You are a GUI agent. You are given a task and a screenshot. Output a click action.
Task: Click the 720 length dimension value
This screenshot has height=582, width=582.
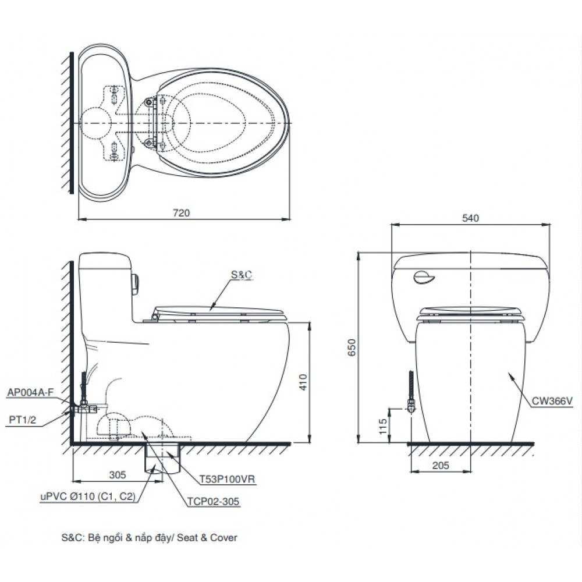pyautogui.click(x=182, y=213)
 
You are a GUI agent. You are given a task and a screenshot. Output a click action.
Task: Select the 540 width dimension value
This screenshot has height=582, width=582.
pyautogui.click(x=470, y=218)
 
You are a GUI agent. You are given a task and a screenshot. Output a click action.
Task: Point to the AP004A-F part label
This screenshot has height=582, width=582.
pyautogui.click(x=30, y=392)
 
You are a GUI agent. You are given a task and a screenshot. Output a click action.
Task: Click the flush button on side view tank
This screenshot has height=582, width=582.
pyautogui.click(x=136, y=282)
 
